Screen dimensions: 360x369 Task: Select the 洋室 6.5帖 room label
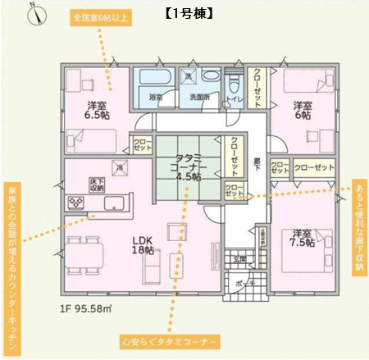click(97, 111)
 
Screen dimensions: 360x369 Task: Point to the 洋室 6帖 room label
click(303, 111)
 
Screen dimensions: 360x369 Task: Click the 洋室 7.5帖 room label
click(303, 238)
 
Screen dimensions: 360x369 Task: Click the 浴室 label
click(156, 97)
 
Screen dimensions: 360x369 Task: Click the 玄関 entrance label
click(240, 260)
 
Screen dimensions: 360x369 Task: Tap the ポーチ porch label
click(242, 283)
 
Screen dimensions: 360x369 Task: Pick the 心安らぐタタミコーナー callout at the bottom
click(170, 339)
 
